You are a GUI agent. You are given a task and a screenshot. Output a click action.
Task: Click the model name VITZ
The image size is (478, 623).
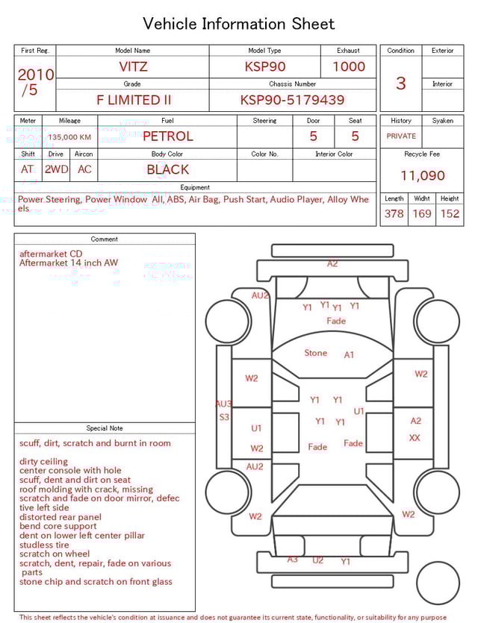pyautogui.click(x=134, y=66)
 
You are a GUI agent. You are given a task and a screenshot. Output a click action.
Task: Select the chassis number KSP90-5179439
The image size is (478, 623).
pyautogui.click(x=292, y=100)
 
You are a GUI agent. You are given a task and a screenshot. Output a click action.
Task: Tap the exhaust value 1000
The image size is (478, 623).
pyautogui.click(x=349, y=66)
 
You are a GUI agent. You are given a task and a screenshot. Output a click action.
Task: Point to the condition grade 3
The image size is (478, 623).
pyautogui.click(x=400, y=83)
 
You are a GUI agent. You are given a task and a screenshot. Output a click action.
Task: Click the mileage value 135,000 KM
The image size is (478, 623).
pyautogui.click(x=69, y=137)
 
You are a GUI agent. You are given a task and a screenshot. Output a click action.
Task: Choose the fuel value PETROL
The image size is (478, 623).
pyautogui.click(x=167, y=137)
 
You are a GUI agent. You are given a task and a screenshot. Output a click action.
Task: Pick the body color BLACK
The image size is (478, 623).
pyautogui.click(x=167, y=169)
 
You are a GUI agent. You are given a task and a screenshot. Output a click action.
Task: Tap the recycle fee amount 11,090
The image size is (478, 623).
pyautogui.click(x=422, y=176)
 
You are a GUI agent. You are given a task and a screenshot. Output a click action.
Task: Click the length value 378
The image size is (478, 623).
pyautogui.click(x=394, y=213)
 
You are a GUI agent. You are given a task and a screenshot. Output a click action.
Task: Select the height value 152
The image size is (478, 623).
pyautogui.click(x=450, y=213)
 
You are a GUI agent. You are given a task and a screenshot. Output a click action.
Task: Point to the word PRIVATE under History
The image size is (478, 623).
pyautogui.click(x=401, y=137)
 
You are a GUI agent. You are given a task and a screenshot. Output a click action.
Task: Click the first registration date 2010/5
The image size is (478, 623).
pyautogui.click(x=34, y=82)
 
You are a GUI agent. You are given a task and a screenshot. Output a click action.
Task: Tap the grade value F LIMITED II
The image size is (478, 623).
pyautogui.click(x=134, y=100)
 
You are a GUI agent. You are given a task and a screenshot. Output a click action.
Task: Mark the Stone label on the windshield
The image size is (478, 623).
pyautogui.click(x=315, y=353)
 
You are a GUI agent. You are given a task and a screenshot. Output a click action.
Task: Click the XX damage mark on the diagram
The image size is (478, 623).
pyautogui.click(x=415, y=438)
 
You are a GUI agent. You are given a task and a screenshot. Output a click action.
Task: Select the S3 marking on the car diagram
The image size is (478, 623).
pyautogui.click(x=224, y=417)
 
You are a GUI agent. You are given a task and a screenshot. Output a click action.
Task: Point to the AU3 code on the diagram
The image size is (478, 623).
pyautogui.click(x=223, y=404)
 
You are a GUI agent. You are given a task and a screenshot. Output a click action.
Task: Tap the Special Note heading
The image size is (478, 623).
pyautogui.click(x=105, y=428)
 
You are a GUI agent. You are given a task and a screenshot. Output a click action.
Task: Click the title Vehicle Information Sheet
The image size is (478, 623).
pyautogui.click(x=239, y=24)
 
